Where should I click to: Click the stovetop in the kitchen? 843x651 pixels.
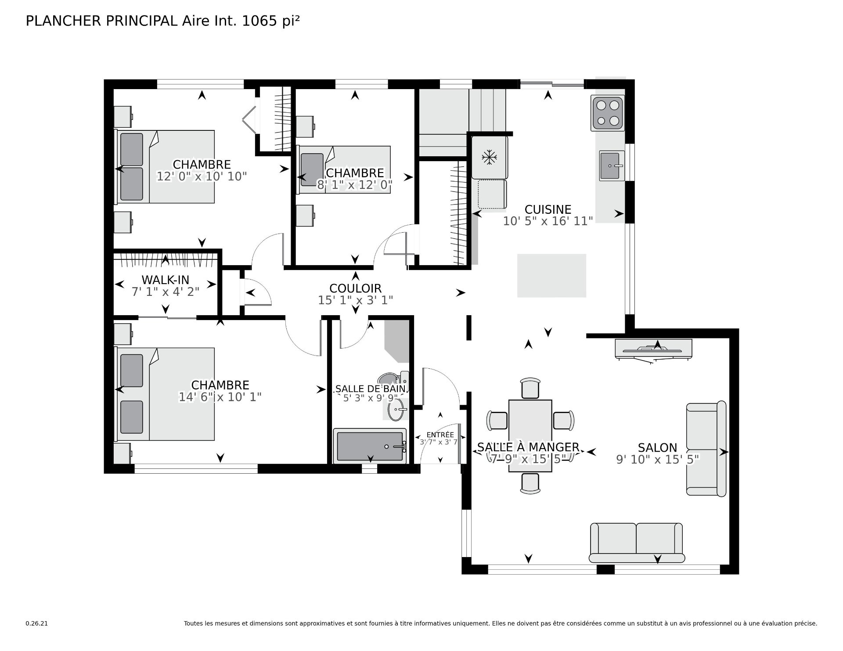pyautogui.click(x=608, y=113)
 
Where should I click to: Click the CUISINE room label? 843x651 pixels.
pyautogui.click(x=548, y=209)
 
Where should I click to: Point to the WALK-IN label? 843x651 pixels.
pyautogui.click(x=165, y=280)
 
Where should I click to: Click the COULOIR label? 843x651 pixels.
pyautogui.click(x=355, y=288)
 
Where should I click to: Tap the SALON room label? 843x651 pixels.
pyautogui.click(x=657, y=448)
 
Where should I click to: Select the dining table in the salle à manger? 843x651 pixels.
pyautogui.click(x=530, y=435)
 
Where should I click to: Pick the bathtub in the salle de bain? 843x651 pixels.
pyautogui.click(x=370, y=446)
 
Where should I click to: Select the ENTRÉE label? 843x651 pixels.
pyautogui.click(x=440, y=435)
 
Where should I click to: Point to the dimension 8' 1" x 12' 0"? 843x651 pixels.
pyautogui.click(x=355, y=185)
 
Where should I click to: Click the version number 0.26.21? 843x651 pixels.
pyautogui.click(x=37, y=623)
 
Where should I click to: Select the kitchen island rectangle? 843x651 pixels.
pyautogui.click(x=551, y=276)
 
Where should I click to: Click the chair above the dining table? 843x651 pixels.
pyautogui.click(x=530, y=388)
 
